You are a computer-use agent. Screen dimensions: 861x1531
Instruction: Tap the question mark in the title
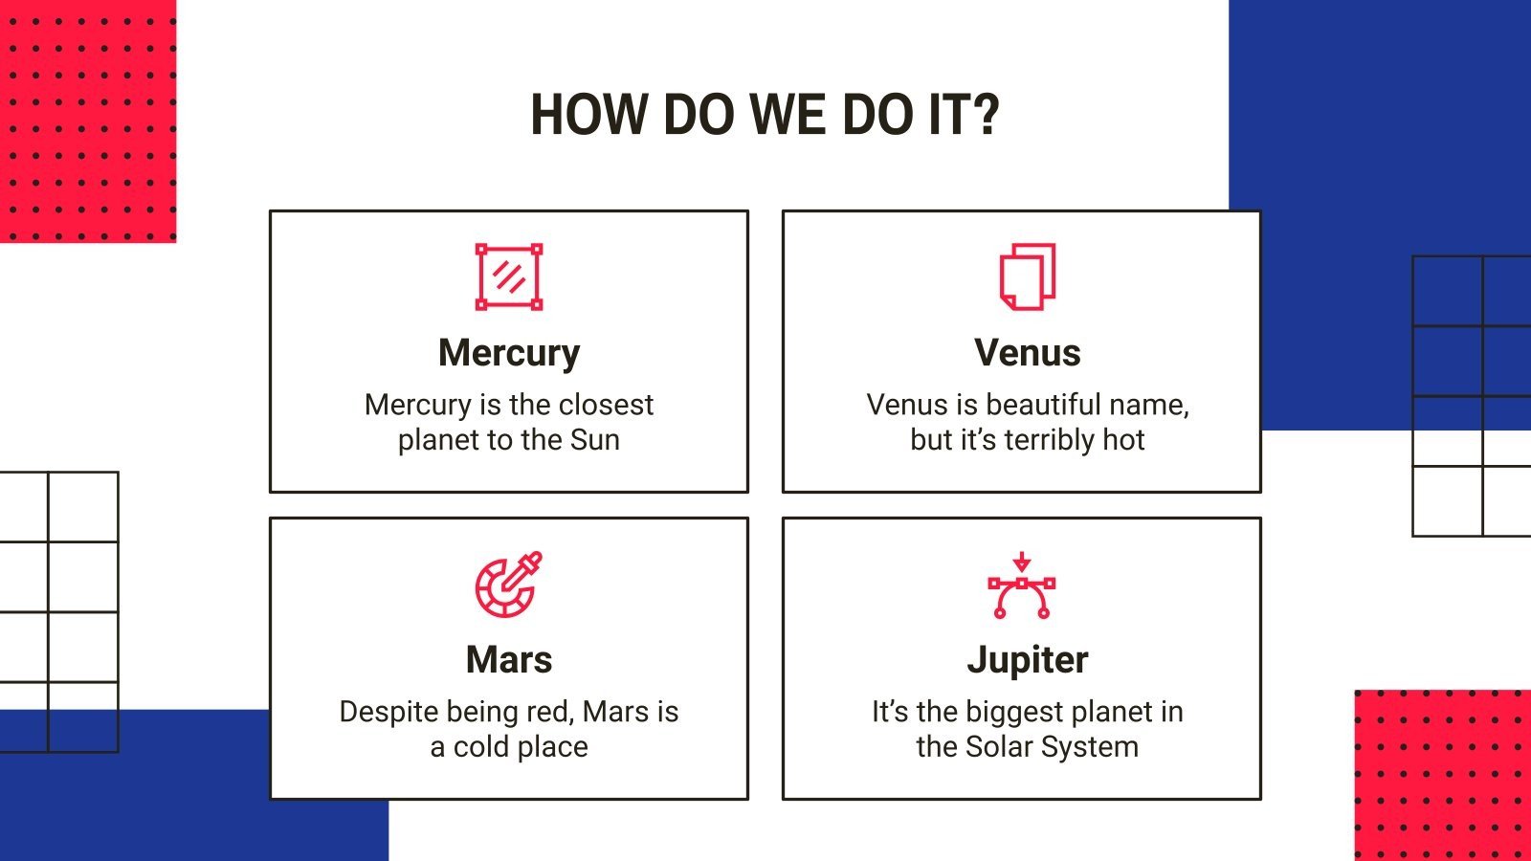tap(986, 115)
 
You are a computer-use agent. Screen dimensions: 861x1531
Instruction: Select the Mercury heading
tap(509, 353)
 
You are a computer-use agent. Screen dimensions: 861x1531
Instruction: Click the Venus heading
tap(1027, 353)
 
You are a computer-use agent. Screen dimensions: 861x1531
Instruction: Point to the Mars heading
tap(509, 660)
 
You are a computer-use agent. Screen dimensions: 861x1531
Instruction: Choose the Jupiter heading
tap(1027, 660)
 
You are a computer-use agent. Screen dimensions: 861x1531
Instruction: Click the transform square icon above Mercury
tap(509, 276)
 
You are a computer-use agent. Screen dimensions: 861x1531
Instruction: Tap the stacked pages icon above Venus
tap(1027, 276)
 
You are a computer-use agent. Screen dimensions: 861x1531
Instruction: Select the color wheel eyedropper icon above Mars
tap(508, 584)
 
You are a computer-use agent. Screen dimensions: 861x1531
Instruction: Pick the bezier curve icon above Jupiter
tap(1021, 585)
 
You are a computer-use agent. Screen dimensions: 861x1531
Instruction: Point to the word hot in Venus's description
tap(1123, 440)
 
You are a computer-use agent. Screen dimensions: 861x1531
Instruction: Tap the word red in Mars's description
tap(551, 712)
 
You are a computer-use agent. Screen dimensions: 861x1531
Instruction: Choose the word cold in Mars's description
tap(479, 747)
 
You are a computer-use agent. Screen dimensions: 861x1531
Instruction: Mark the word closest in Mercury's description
tap(606, 405)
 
